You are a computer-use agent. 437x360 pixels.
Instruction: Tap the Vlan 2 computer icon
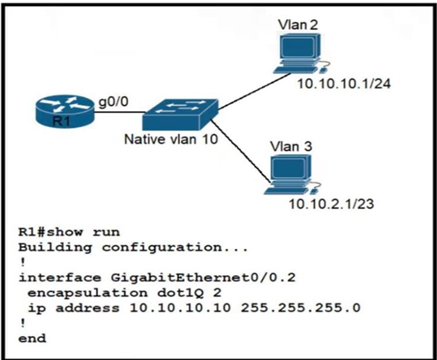[x=300, y=56]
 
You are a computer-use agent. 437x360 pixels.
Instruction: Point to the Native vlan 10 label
[x=170, y=139]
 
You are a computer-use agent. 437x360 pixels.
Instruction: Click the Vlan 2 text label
[x=300, y=22]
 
